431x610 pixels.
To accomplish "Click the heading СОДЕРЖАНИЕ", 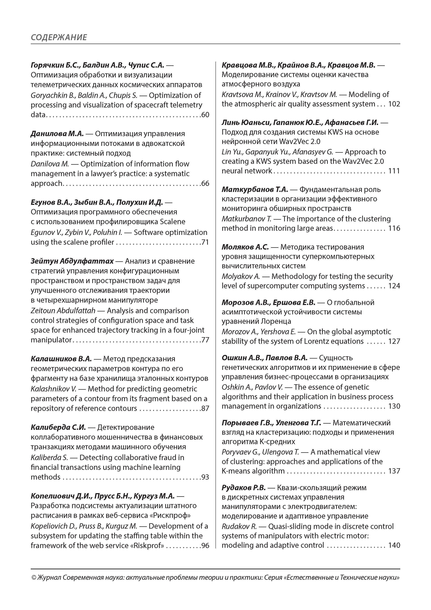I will tap(59, 37).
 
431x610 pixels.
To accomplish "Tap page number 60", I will tap(205, 115).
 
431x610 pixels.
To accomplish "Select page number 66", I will tap(205, 183).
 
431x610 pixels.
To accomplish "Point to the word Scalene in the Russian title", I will tap(173, 222).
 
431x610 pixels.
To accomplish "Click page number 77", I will tap(205, 340).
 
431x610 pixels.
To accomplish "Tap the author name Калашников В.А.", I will tap(61, 359).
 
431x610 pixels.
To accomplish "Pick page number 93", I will tap(205, 477).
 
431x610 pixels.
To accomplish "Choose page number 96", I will tap(205, 545).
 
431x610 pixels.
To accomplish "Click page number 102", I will tap(394, 104).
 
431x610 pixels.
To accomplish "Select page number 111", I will tap(394, 171).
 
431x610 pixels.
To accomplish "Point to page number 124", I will tap(394, 286).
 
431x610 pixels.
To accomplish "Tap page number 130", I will tap(394, 406).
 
